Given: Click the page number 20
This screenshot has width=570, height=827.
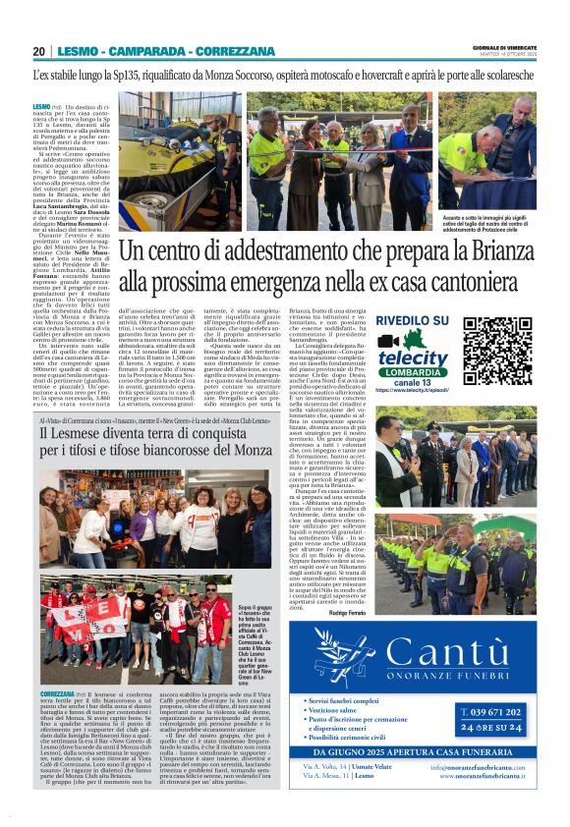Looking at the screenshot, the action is point(38,51).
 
